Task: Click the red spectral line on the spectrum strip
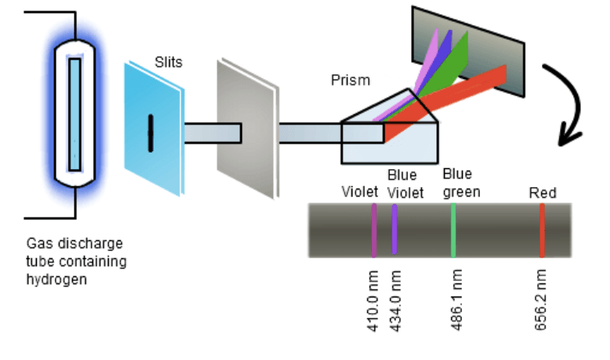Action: coord(541,230)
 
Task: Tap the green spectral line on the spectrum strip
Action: coord(453,230)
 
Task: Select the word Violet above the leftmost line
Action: coord(360,192)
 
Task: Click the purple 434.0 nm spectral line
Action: coord(395,230)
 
